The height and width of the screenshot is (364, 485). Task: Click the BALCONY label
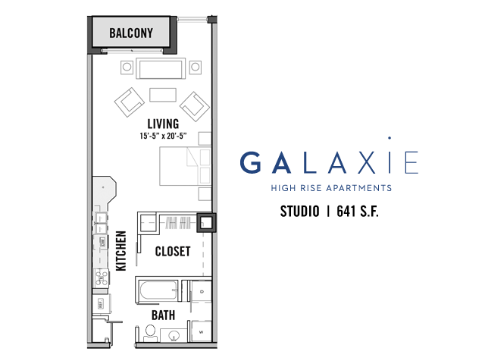pos(131,33)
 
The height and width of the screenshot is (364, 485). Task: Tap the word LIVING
pos(163,124)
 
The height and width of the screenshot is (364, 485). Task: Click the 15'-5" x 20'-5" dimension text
pos(163,136)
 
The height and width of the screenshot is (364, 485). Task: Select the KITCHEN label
pos(121,251)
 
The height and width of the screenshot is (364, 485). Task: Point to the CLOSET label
pos(173,251)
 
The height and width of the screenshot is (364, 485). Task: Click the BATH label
pos(164,315)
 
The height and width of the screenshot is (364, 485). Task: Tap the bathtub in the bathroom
pos(158,290)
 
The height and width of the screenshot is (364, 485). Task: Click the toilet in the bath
pos(151,333)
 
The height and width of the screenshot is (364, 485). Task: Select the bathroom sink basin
pos(174,335)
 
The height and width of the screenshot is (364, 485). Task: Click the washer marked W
pos(202,331)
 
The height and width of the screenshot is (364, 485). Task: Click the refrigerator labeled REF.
pos(101,303)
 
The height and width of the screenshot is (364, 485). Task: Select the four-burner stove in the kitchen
pos(101,278)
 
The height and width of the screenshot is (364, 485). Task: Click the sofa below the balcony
pos(160,68)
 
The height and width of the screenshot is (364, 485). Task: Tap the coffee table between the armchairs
pos(163,95)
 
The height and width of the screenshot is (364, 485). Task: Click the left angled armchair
pos(130,102)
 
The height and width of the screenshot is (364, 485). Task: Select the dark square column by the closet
pos(206,222)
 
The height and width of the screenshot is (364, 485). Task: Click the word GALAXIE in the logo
pos(329,162)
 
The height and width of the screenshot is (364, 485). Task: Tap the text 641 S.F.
pos(358,212)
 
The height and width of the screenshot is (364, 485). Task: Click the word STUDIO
pos(300,212)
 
